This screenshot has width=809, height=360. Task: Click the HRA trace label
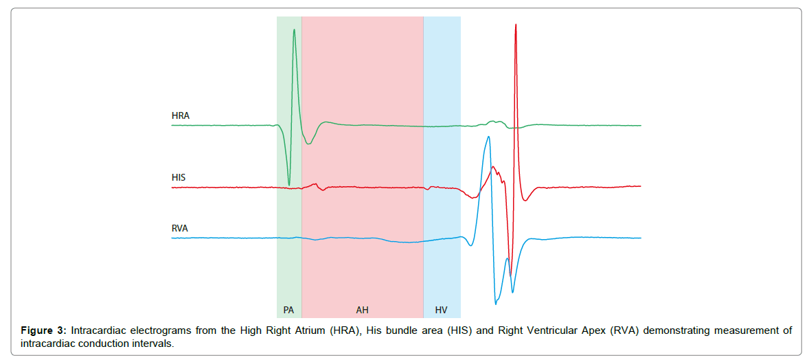point(180,116)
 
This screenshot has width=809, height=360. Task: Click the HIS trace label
point(179,178)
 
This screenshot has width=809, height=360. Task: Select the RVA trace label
point(180,228)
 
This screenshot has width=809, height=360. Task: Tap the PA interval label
point(288,310)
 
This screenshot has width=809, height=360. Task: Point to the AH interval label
point(362,310)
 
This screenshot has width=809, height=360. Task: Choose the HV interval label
point(441,310)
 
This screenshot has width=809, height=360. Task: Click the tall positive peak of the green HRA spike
point(294,30)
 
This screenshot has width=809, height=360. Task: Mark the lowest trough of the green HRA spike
point(289,184)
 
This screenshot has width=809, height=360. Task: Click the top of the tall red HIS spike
point(515,25)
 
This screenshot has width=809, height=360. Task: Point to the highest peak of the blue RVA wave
point(488,137)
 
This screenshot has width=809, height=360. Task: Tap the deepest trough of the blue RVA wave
point(495,303)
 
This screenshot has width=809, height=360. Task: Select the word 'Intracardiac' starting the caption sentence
point(96,330)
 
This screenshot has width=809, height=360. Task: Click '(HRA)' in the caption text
point(343,330)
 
